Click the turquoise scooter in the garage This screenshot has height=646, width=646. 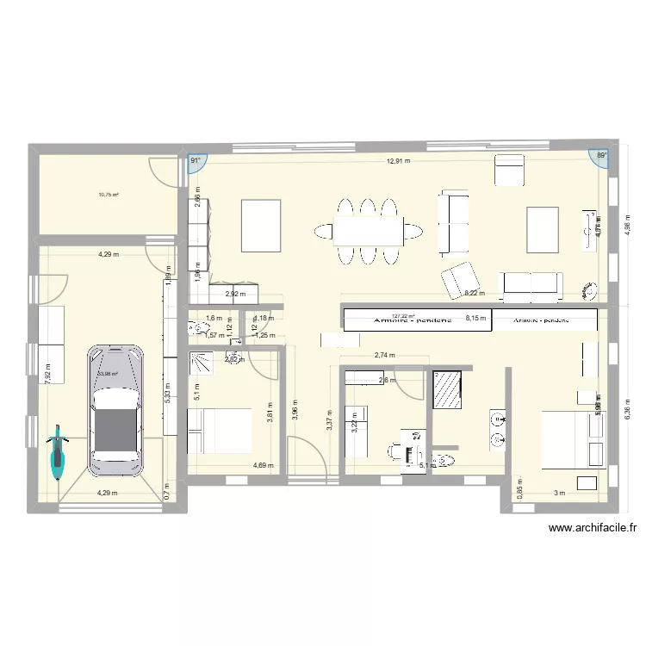(58, 453)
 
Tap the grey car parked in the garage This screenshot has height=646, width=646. (113, 410)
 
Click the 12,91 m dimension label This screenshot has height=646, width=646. (398, 160)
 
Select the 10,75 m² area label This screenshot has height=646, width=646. (109, 195)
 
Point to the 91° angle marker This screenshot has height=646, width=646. (196, 160)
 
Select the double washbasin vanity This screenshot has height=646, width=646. (500, 429)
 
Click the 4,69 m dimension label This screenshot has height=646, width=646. (263, 466)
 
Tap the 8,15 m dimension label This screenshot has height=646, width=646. (475, 317)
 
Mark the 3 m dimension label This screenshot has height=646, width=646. (559, 493)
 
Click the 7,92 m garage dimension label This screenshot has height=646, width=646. (48, 373)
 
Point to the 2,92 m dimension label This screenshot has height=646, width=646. (233, 294)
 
